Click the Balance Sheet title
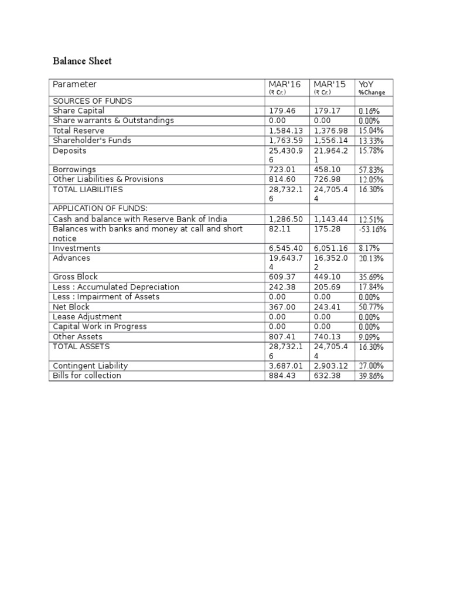pyautogui.click(x=82, y=61)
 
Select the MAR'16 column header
pyautogui.click(x=284, y=84)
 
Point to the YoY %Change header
pyautogui.click(x=371, y=88)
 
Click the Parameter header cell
pyautogui.click(x=75, y=84)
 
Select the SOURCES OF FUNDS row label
pyautogui.click(x=93, y=101)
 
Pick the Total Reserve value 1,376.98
pyautogui.click(x=331, y=131)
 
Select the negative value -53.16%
pyautogui.click(x=372, y=229)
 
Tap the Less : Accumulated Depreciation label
pyautogui.click(x=116, y=287)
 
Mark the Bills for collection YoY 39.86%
pyautogui.click(x=371, y=376)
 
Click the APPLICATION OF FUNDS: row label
pyautogui.click(x=99, y=209)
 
